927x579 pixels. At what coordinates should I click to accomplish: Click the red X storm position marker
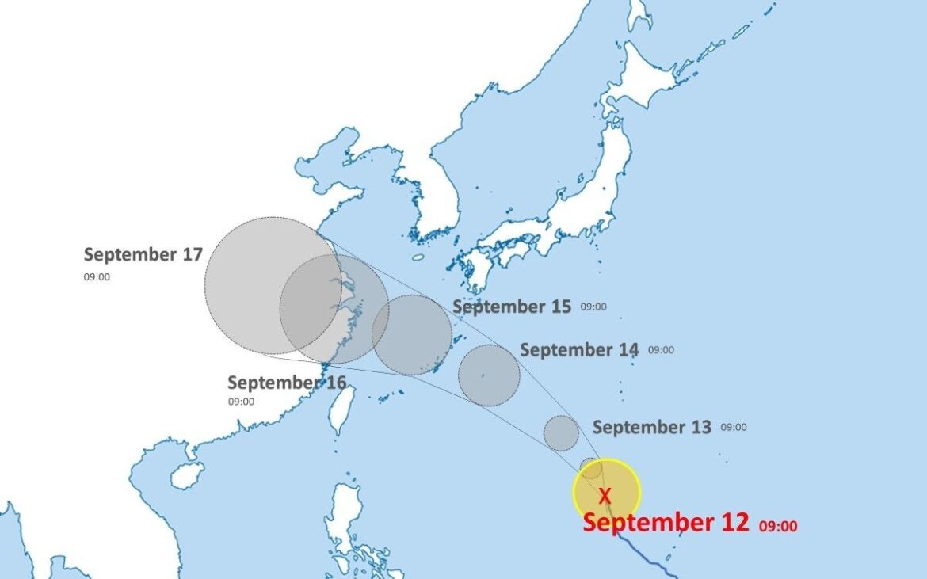pyautogui.click(x=605, y=496)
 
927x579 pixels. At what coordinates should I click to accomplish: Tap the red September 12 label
pyautogui.click(x=666, y=523)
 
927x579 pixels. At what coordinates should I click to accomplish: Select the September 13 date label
pyautogui.click(x=652, y=427)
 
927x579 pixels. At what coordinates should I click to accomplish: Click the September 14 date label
pyautogui.click(x=579, y=349)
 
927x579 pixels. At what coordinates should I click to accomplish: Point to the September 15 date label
pyautogui.click(x=512, y=307)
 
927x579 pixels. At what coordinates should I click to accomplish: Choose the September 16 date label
pyautogui.click(x=287, y=383)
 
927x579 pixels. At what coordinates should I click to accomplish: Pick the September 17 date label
pyautogui.click(x=143, y=254)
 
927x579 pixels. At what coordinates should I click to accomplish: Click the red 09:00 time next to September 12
pyautogui.click(x=778, y=526)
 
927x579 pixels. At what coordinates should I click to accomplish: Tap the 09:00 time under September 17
pyautogui.click(x=97, y=277)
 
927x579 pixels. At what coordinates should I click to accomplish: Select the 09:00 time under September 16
pyautogui.click(x=241, y=402)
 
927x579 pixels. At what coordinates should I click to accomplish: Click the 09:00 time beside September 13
pyautogui.click(x=733, y=428)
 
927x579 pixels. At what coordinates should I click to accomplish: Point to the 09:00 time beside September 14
pyautogui.click(x=661, y=350)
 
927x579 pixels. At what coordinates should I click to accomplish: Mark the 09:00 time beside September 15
pyautogui.click(x=593, y=307)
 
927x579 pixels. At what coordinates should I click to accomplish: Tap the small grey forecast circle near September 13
pyautogui.click(x=561, y=432)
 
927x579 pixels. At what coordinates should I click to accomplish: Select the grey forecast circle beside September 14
pyautogui.click(x=489, y=375)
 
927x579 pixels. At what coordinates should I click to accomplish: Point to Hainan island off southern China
pyautogui.click(x=187, y=475)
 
